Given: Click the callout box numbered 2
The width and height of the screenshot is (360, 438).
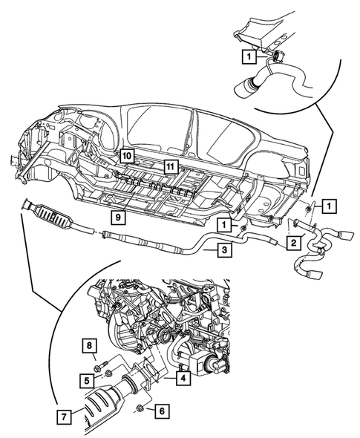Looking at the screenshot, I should (x=294, y=243).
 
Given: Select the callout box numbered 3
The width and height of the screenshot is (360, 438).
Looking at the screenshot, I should (x=223, y=251).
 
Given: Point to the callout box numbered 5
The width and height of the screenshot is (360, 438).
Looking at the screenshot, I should (x=88, y=379).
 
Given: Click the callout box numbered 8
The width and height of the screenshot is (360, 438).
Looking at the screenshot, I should (x=88, y=347).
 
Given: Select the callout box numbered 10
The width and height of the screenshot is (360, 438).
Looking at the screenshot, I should (x=126, y=156).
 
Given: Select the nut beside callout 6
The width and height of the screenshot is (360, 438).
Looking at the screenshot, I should (x=138, y=408).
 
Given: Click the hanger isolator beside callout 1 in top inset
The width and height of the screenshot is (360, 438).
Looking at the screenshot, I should (x=276, y=56).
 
